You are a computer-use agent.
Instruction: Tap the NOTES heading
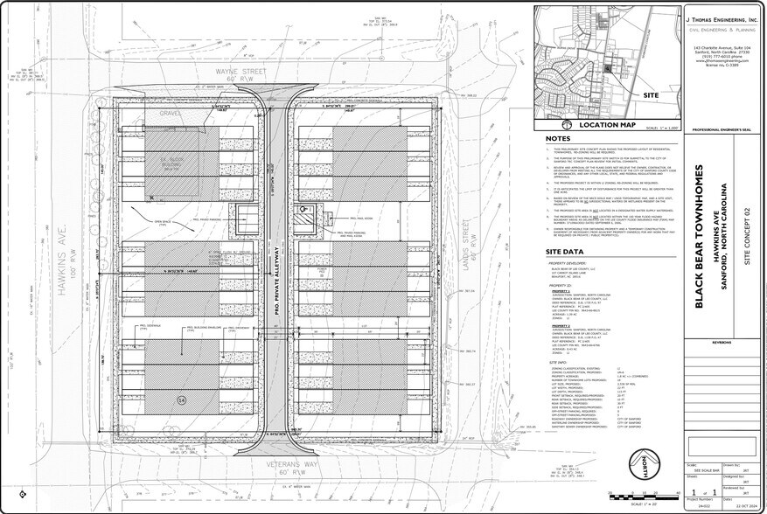click(x=557, y=139)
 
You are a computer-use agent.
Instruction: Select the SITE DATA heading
click(x=563, y=252)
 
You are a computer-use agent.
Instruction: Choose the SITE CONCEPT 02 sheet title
click(x=747, y=236)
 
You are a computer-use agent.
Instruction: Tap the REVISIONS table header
click(x=722, y=344)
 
